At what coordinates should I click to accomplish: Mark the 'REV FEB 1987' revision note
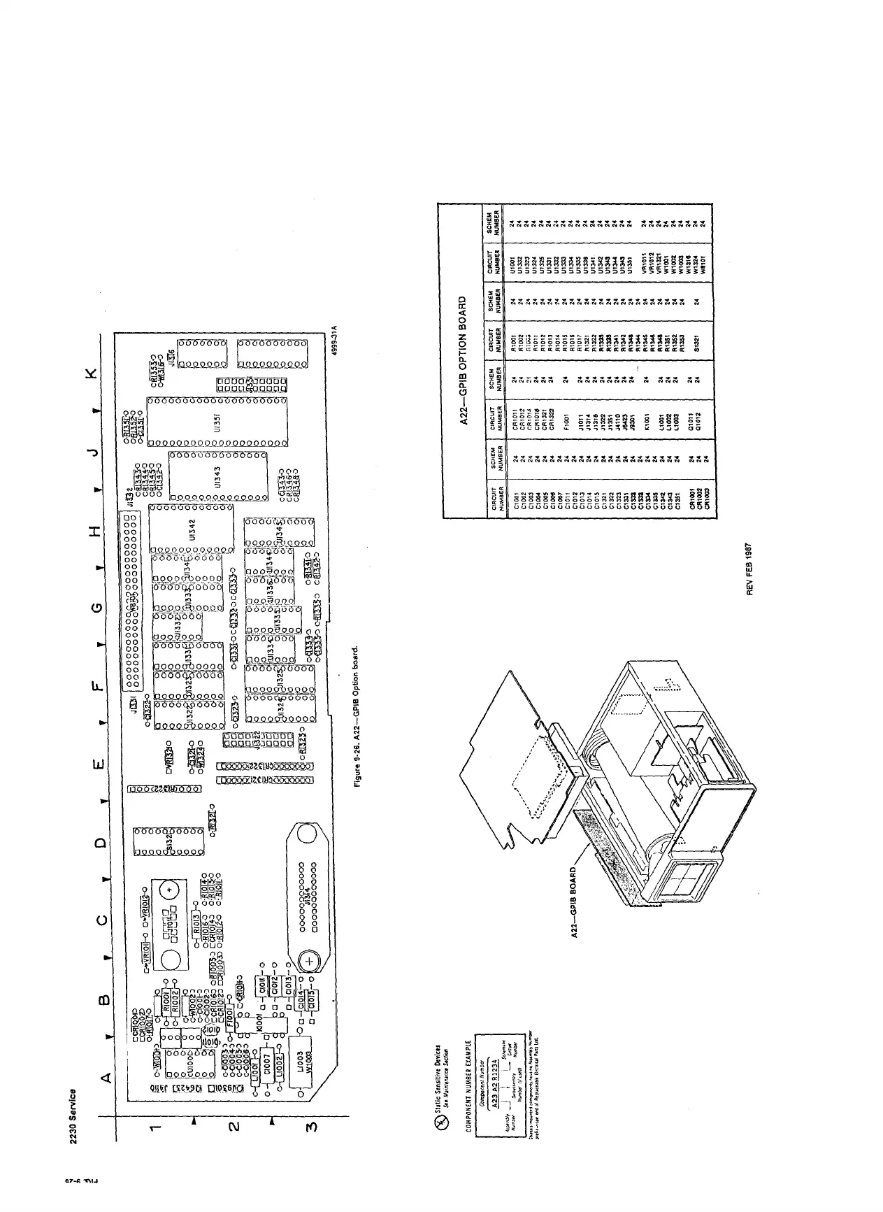click(750, 569)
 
